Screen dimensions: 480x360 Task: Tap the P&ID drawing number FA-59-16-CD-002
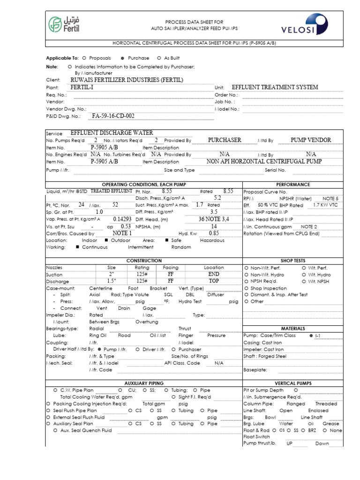point(113,116)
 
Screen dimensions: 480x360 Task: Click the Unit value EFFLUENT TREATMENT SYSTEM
point(275,87)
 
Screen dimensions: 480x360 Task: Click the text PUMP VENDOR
point(311,140)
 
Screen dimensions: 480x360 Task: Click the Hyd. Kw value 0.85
point(214,233)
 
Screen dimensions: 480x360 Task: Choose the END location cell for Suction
point(214,274)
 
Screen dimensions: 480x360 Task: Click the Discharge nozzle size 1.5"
point(112,281)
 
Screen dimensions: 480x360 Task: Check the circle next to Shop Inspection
point(246,288)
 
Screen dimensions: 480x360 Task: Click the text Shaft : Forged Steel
point(265,356)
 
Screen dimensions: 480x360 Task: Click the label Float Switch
point(256,436)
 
